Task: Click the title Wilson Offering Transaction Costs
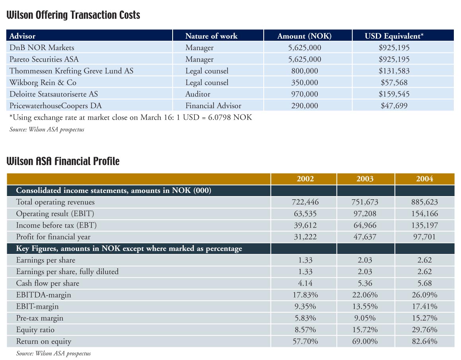[x=73, y=15]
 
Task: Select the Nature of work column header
[x=211, y=36]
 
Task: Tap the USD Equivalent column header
[x=394, y=36]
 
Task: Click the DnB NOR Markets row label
[x=42, y=47]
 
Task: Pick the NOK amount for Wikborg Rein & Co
[x=305, y=82]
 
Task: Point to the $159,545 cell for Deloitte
[x=394, y=94]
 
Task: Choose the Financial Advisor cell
[x=213, y=105]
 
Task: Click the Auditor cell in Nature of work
[x=198, y=94]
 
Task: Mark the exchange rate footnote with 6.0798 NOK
[x=130, y=117]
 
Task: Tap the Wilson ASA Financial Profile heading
[x=63, y=161]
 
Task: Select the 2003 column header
[x=365, y=179]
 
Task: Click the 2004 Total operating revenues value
[x=424, y=202]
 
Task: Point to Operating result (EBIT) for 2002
[x=305, y=214]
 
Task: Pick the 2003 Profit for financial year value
[x=365, y=237]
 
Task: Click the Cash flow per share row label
[x=48, y=283]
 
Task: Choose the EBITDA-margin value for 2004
[x=424, y=295]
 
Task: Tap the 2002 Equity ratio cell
[x=305, y=330]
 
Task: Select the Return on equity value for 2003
[x=365, y=341]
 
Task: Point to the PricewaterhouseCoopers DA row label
[x=56, y=105]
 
